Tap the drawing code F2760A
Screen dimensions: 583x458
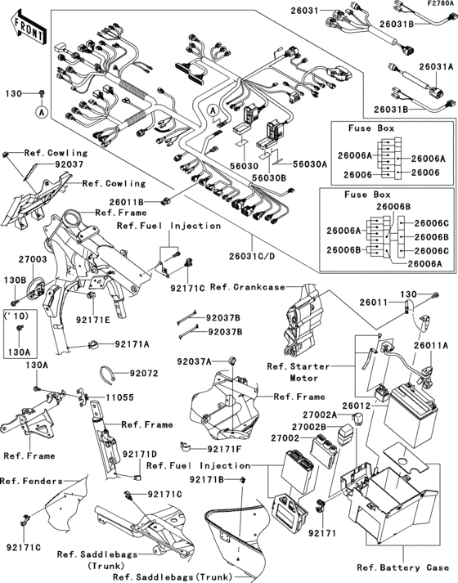(439, 5)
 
